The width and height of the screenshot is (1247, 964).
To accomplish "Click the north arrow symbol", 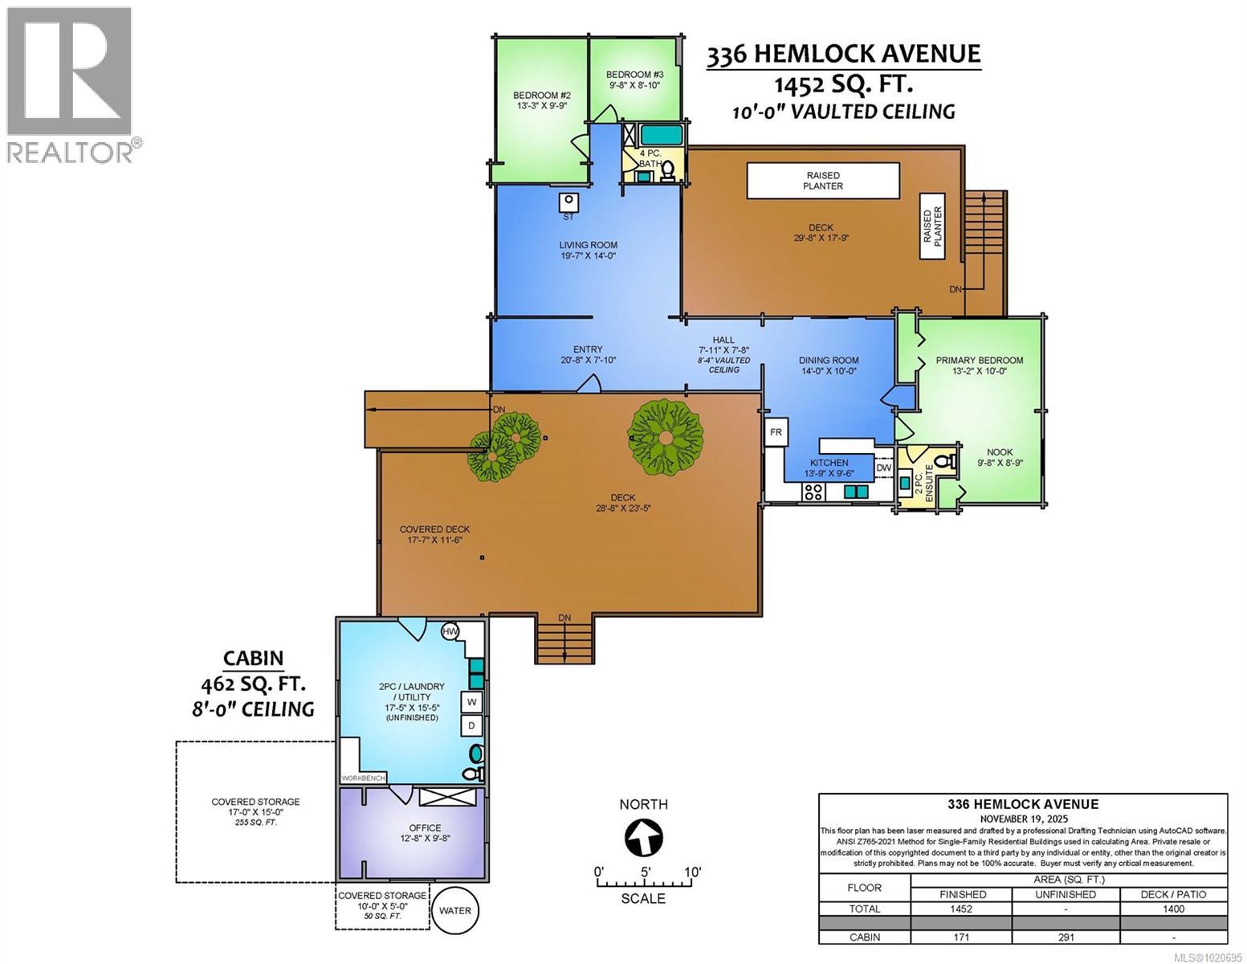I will pos(644,839).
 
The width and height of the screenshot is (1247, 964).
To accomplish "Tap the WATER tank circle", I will pos(455,910).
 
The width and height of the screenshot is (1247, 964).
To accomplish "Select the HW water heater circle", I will pos(450,631).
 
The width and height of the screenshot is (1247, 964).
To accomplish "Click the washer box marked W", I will pos(472,702).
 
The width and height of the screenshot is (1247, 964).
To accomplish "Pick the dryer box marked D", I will pos(472,726).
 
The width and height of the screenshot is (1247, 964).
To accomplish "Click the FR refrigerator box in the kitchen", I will pos(776,432).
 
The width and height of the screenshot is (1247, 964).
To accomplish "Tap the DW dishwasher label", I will pos(883,468).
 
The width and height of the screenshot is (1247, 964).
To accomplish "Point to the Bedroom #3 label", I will pos(634,79).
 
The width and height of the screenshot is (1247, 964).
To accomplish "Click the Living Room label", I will pos(588,250).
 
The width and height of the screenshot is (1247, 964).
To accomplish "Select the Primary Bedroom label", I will pos(979,366).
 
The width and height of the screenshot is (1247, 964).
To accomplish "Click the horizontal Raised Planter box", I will pos(823,181).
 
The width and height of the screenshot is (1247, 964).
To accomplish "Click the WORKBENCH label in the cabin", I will pos(364,778).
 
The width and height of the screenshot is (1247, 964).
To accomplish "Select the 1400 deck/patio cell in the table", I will pos(1173,909).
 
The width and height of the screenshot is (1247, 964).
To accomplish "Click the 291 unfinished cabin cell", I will pos(1066,937).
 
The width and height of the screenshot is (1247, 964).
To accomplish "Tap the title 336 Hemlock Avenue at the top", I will pos(843,54).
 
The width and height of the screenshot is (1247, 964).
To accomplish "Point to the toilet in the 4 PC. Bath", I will pos(668,170).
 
